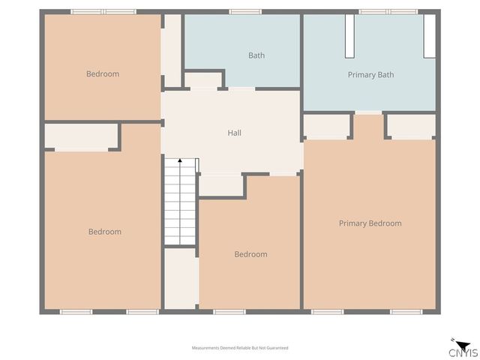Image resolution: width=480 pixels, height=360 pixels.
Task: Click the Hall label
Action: click(x=234, y=133)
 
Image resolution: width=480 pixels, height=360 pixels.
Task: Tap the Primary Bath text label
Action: click(x=370, y=75)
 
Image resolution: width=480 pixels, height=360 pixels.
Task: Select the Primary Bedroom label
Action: click(x=370, y=223)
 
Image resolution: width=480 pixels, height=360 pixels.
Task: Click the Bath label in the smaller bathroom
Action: click(x=256, y=55)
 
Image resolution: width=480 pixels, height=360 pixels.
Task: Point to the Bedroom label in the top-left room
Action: click(x=103, y=74)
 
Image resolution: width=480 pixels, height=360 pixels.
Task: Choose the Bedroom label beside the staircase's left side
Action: click(x=104, y=232)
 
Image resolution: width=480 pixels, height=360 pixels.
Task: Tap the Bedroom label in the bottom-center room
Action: click(x=250, y=254)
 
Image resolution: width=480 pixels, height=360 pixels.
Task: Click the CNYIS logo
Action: click(x=462, y=350)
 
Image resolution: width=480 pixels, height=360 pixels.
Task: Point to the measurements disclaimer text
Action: click(x=240, y=348)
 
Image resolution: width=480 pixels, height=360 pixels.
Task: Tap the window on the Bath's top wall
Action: click(x=245, y=12)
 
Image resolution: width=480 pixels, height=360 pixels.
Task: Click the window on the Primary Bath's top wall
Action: click(x=388, y=12)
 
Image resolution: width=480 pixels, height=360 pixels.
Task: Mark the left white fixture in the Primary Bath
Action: click(x=349, y=36)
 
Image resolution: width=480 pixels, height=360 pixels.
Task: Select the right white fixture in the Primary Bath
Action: click(x=429, y=36)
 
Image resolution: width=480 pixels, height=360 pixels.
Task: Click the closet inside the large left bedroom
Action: click(x=81, y=136)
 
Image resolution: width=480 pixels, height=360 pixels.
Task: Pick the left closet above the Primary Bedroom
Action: click(x=327, y=125)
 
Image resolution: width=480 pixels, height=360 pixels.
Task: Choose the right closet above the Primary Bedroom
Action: click(x=411, y=125)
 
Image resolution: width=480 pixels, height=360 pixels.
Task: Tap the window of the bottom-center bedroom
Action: click(x=229, y=311)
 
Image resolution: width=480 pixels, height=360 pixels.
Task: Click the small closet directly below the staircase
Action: click(x=180, y=277)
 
